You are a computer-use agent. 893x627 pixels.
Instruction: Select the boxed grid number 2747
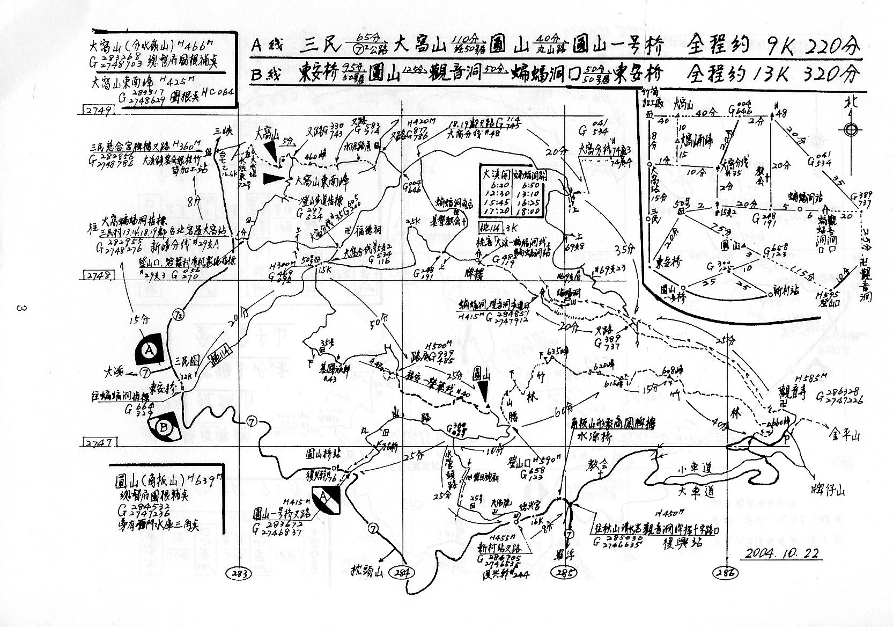[x=97, y=443]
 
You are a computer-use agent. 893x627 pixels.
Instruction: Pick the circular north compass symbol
[x=850, y=129]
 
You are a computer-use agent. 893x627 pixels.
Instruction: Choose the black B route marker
[x=163, y=427]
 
